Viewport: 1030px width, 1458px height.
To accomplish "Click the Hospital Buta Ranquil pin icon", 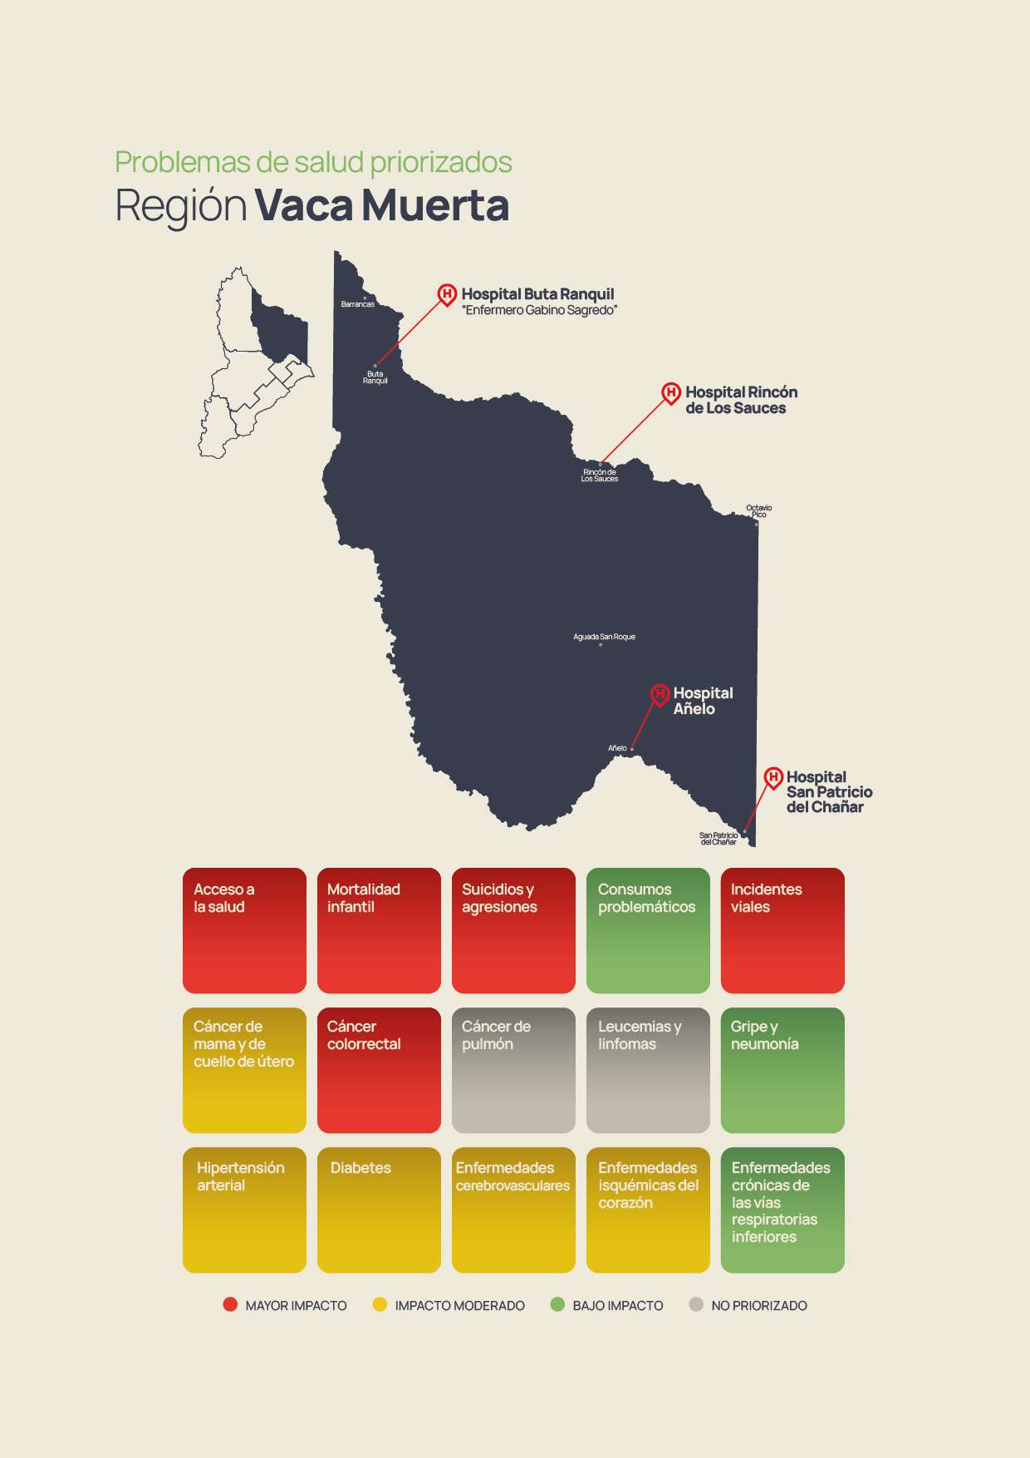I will (x=447, y=294).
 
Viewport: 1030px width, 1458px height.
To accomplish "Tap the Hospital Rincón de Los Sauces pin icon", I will (x=670, y=392).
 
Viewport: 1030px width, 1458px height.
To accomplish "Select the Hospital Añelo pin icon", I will (x=660, y=694).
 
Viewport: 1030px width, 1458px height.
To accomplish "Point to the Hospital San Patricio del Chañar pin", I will (x=773, y=778).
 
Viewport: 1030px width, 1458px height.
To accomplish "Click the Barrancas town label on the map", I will (x=357, y=304).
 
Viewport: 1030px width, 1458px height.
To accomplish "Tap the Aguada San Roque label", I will (x=604, y=637).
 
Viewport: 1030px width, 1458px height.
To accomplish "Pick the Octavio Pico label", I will (x=758, y=511).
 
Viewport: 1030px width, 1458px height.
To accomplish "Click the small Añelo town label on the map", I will (x=617, y=748).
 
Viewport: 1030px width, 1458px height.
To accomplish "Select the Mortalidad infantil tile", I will (x=379, y=930).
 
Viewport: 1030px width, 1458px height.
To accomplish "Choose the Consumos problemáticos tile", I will (x=648, y=930).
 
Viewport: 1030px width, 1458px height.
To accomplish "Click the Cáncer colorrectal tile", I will (x=379, y=1070).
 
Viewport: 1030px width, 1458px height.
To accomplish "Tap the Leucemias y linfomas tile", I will (x=648, y=1070).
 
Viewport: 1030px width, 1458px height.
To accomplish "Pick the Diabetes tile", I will (x=379, y=1209).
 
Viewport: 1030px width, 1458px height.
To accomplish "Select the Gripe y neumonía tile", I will (x=782, y=1070).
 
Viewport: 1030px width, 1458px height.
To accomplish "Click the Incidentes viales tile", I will (x=782, y=930).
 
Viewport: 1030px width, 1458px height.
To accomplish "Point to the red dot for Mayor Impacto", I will (x=230, y=1305).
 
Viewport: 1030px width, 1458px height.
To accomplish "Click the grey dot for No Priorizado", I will (x=696, y=1305).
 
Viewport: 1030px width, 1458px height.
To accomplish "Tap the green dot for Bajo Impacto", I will (x=557, y=1305).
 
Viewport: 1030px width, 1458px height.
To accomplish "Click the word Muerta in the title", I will (x=435, y=205).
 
